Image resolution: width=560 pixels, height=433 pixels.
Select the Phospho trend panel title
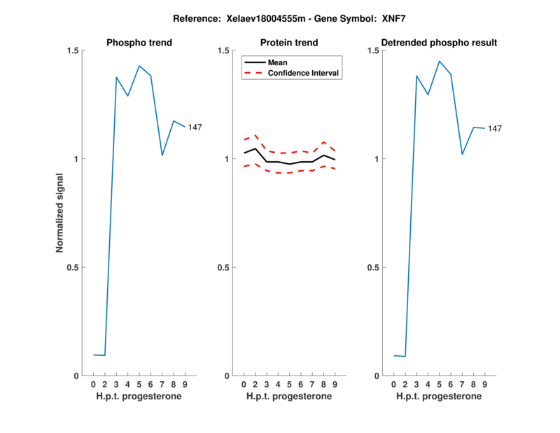tap(139, 43)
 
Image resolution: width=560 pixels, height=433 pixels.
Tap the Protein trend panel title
tap(289, 43)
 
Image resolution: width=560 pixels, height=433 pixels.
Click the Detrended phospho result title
tap(439, 43)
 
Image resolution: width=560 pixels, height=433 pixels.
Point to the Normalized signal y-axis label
tap(61, 213)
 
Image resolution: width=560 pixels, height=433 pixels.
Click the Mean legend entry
tap(278, 62)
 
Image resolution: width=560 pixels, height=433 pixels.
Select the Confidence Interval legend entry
tap(304, 73)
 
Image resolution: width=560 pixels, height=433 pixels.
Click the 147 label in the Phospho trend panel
tap(195, 127)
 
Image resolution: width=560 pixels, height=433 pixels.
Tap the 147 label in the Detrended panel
tap(495, 129)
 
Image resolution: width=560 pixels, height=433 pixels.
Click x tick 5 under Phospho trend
tap(139, 385)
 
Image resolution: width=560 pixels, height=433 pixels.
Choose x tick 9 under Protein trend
tap(335, 385)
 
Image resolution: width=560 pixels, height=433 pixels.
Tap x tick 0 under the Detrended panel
tap(394, 385)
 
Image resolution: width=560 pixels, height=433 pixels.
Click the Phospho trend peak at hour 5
tap(139, 66)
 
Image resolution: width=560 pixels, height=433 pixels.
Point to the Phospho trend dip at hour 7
tap(162, 155)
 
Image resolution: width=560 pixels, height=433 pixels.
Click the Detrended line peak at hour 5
tap(440, 62)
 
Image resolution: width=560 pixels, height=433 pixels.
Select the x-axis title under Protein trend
tap(289, 397)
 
